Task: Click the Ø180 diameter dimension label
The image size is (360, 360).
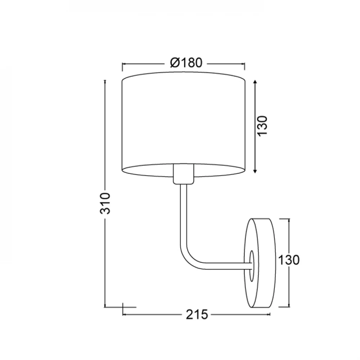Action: pyautogui.click(x=186, y=63)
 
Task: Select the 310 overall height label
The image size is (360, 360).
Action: pyautogui.click(x=105, y=203)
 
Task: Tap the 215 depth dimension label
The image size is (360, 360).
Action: pyautogui.click(x=197, y=314)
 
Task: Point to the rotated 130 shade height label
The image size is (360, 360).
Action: pyautogui.click(x=262, y=126)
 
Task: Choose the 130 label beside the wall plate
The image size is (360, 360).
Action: pyautogui.click(x=289, y=260)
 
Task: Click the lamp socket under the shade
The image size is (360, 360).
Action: pyautogui.click(x=184, y=174)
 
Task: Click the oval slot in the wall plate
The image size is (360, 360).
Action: pyautogui.click(x=252, y=266)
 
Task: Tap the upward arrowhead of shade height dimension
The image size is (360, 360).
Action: pyautogui.click(x=255, y=82)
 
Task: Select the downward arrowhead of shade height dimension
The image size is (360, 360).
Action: pyautogui.click(x=255, y=171)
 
